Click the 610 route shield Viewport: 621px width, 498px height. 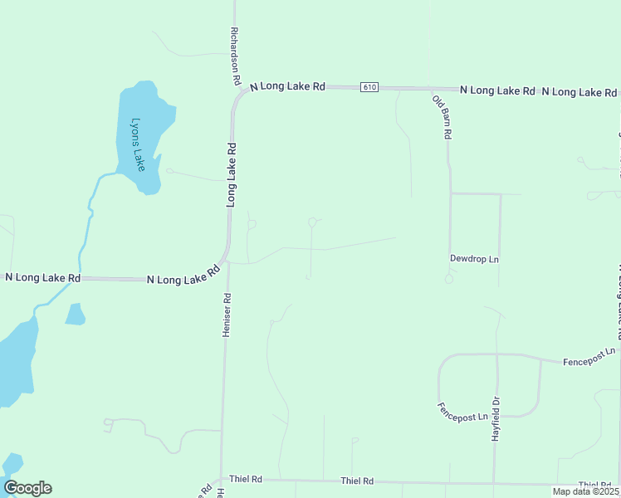[x=370, y=87]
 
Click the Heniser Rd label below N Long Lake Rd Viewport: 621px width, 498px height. [x=225, y=314]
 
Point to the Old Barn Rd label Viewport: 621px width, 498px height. [x=442, y=116]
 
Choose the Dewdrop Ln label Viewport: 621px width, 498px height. [x=474, y=259]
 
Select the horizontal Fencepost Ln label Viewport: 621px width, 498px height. [x=589, y=356]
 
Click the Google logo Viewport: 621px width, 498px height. [x=27, y=488]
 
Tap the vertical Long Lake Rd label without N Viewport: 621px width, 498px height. [x=232, y=174]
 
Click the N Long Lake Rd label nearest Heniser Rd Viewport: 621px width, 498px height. [x=183, y=276]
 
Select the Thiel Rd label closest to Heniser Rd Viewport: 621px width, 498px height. [x=246, y=480]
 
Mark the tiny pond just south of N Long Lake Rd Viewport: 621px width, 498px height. [x=75, y=314]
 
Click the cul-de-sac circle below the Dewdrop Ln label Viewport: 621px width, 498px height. [x=449, y=279]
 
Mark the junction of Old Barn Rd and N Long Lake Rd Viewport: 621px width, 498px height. [x=432, y=89]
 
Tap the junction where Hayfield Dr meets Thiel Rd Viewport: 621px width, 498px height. [x=495, y=482]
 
